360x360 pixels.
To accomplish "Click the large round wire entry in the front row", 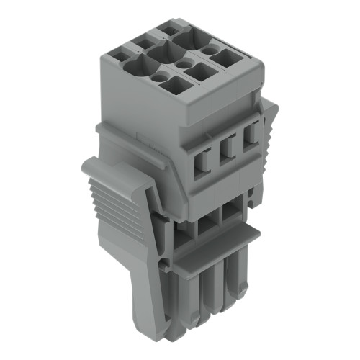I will click(x=135, y=67).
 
